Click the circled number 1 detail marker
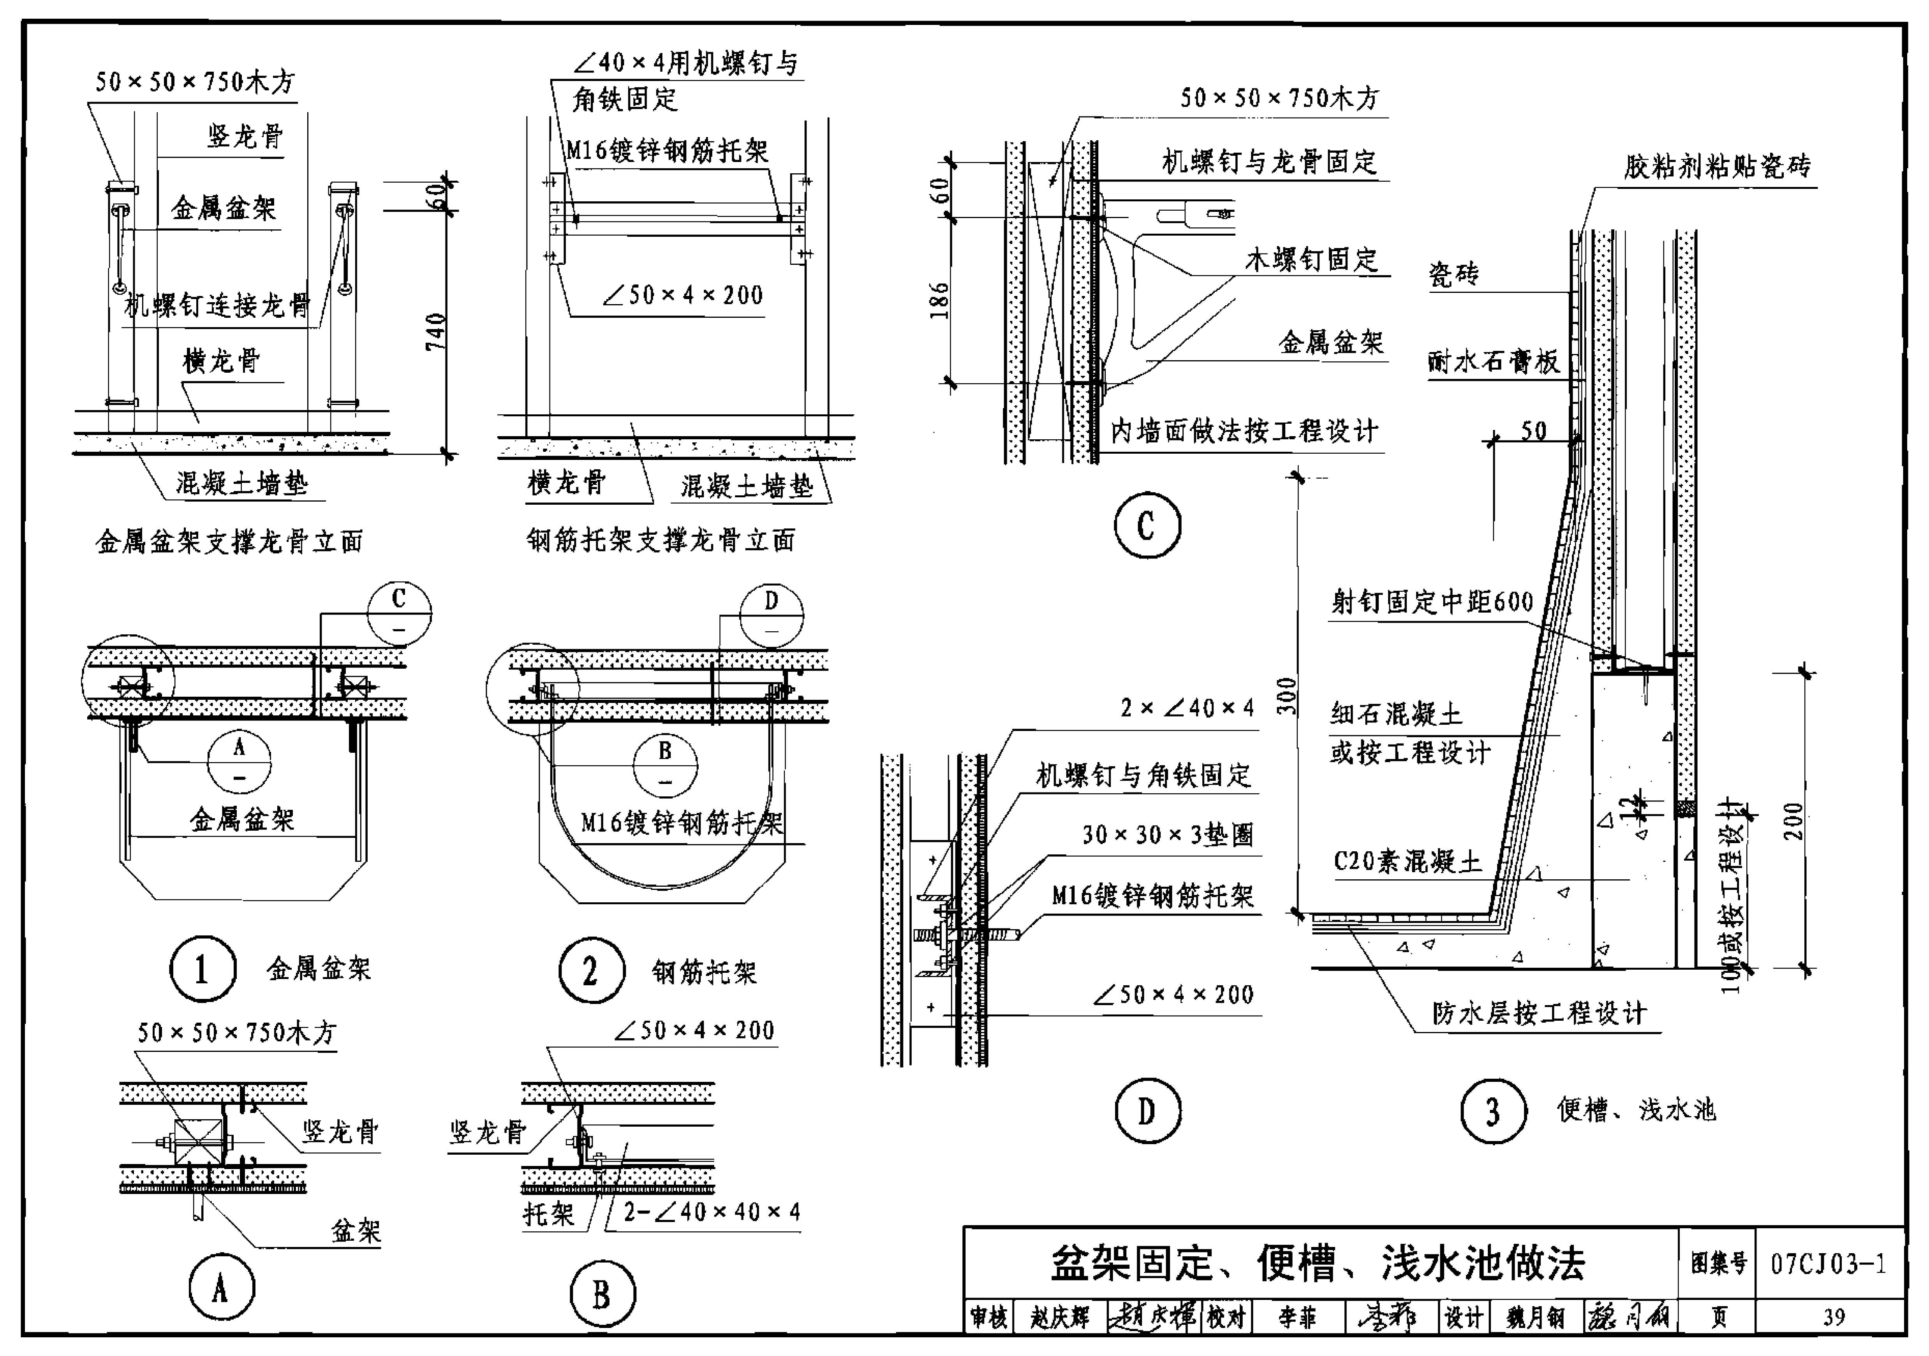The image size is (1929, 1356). click(203, 970)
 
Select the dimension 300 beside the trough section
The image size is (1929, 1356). click(1286, 696)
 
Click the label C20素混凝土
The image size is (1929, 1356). click(1407, 861)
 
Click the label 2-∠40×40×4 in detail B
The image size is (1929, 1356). click(712, 1212)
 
